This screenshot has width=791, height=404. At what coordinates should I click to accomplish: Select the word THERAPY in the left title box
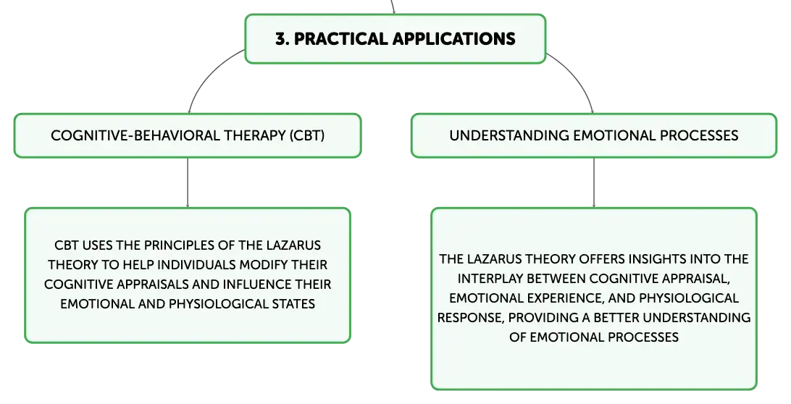(255, 135)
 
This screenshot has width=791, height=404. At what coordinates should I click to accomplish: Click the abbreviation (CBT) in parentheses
(307, 135)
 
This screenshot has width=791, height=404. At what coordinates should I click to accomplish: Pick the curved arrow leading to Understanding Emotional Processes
(577, 75)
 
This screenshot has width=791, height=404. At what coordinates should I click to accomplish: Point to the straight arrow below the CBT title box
(188, 182)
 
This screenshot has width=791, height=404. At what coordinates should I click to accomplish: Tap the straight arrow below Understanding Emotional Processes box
(594, 182)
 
